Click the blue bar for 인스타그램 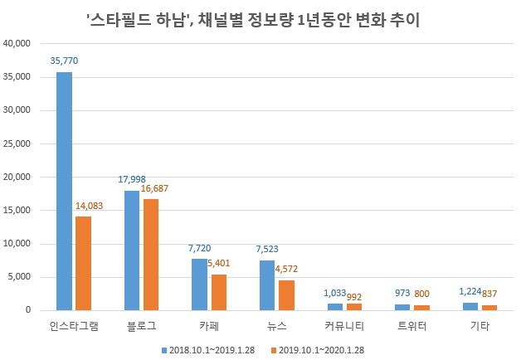64,192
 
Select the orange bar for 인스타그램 83,263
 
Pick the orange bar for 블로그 150,255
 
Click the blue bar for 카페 199,285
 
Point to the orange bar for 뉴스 286,295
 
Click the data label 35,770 64,61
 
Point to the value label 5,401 221,265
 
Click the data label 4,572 289,269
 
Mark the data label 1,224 469,293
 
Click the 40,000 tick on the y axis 17,43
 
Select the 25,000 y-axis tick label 17,144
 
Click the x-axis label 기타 480,327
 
